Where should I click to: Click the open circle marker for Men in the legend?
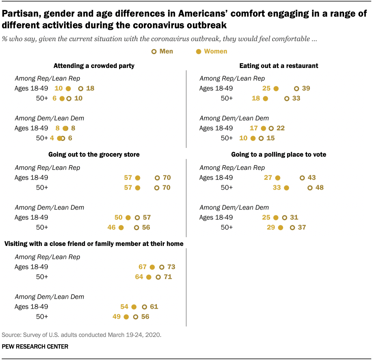click(154, 52)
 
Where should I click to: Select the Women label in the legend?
click(215, 51)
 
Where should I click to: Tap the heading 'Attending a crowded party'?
click(94, 66)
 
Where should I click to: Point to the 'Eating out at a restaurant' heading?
click(279, 66)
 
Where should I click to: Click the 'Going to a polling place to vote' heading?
click(279, 154)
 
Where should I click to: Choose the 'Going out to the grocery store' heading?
click(94, 154)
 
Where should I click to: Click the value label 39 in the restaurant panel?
click(306, 88)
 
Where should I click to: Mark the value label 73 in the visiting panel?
click(171, 267)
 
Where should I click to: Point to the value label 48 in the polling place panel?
click(320, 188)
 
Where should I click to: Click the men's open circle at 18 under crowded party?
click(81, 89)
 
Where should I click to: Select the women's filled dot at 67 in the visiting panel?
click(152, 267)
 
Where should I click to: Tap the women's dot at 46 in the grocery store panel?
click(121, 228)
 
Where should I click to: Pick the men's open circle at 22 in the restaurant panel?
click(271, 128)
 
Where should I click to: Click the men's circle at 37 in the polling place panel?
click(292, 228)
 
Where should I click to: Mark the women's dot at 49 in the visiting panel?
click(126, 317)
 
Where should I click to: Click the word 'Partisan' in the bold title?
click(21, 14)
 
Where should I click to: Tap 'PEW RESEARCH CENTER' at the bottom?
click(35, 347)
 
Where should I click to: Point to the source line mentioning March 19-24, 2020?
click(81, 335)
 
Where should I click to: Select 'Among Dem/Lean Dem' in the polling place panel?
click(234, 207)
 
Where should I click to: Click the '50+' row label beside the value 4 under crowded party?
click(42, 138)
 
